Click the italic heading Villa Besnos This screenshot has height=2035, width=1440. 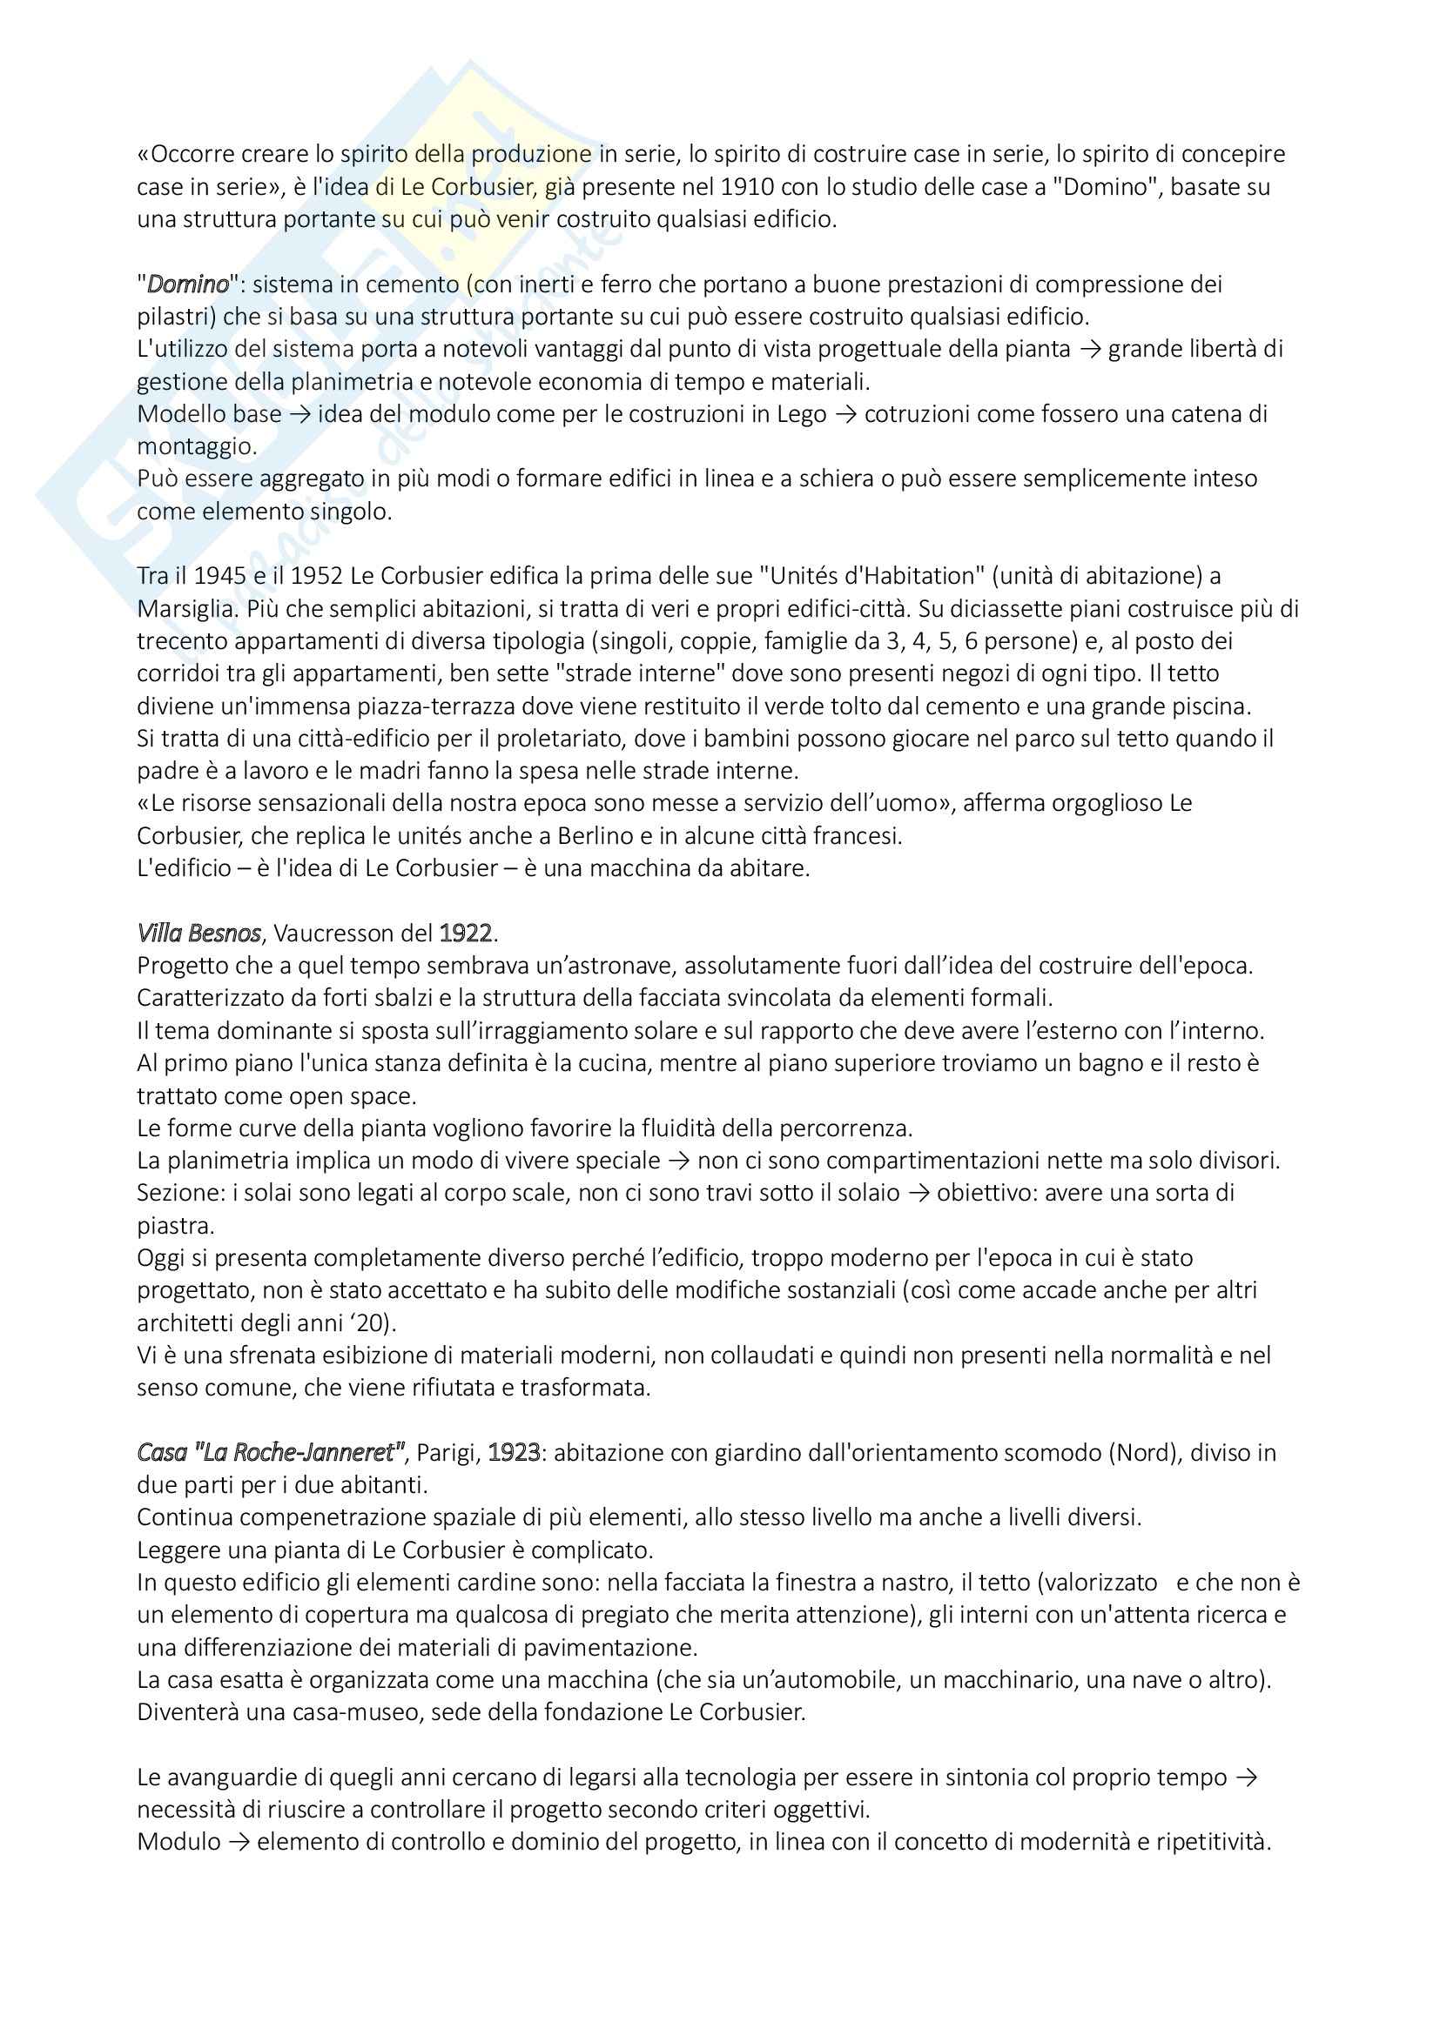click(x=199, y=934)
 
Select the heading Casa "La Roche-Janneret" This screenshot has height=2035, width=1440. click(x=271, y=1453)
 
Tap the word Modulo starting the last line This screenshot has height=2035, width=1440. click(x=178, y=1842)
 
